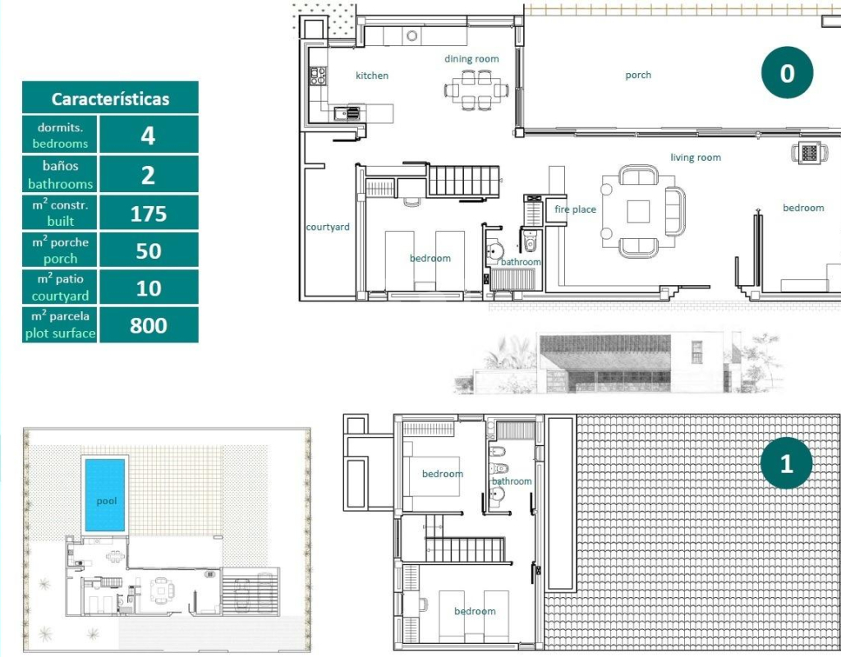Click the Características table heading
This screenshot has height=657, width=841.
(111, 99)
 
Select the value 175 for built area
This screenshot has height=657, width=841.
(149, 214)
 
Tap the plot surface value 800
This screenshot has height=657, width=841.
(149, 325)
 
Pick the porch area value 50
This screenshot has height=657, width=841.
(149, 251)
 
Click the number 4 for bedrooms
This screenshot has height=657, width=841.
(148, 136)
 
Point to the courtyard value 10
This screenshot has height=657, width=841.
(149, 288)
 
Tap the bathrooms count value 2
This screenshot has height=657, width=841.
(148, 176)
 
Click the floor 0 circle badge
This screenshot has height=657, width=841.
(787, 72)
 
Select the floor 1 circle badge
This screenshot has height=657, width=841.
(786, 463)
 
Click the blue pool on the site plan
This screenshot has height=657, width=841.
(105, 494)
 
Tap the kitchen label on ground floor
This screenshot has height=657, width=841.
(372, 76)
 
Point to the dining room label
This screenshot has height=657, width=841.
(471, 58)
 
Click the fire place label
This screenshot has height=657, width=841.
(575, 209)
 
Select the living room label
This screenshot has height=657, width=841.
(696, 157)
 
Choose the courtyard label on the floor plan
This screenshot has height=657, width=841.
(328, 227)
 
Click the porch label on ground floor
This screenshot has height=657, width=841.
(638, 75)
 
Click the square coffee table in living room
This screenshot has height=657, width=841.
(638, 211)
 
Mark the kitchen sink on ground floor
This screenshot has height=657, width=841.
(347, 113)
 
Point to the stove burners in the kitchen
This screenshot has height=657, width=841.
(318, 76)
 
